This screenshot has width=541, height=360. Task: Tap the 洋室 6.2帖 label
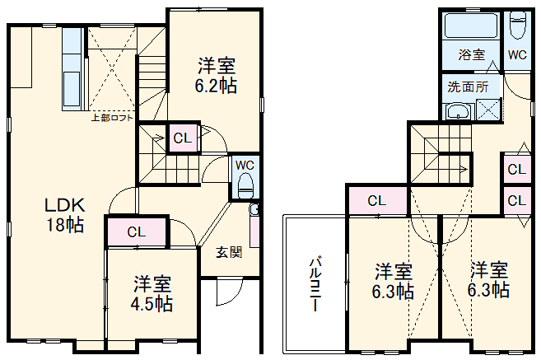coord(216,74)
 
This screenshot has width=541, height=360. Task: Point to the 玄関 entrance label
coord(229,253)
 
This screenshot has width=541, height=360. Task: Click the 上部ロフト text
coord(111,118)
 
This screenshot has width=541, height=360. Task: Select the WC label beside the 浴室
coord(517,56)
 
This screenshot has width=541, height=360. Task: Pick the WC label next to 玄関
coord(245,164)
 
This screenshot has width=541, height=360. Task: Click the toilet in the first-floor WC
coord(244,186)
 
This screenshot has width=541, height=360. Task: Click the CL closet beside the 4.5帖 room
coord(137,231)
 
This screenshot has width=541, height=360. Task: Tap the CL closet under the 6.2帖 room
coord(183,138)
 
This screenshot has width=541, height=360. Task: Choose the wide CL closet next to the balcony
coord(376,200)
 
